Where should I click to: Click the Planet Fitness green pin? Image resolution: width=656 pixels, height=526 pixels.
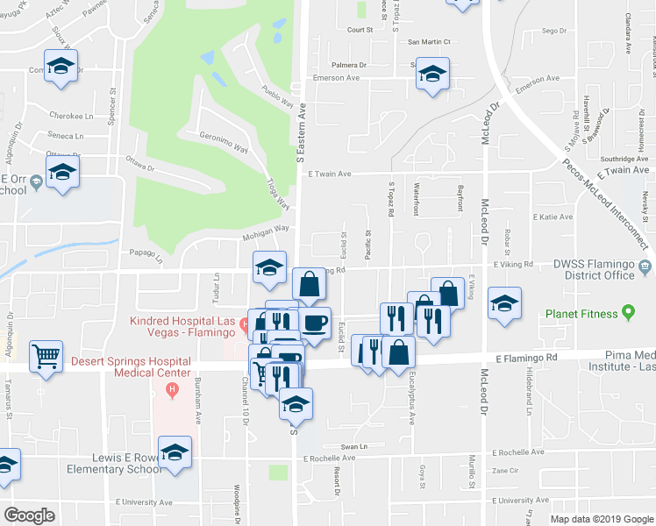[x=628, y=312]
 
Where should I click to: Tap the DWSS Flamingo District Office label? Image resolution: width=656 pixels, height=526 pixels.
[x=581, y=269]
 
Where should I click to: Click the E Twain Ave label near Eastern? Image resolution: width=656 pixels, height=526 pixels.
[x=330, y=174]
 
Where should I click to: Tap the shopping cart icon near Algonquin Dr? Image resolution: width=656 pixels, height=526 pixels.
[x=46, y=356]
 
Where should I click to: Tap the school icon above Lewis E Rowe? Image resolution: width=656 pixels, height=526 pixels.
[x=175, y=452]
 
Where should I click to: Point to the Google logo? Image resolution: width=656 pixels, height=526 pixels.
[x=29, y=515]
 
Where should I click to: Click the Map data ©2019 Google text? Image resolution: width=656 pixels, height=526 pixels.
[x=601, y=519]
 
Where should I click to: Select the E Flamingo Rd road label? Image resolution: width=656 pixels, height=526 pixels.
[x=526, y=358]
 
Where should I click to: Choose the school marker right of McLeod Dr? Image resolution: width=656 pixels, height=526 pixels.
[x=504, y=303]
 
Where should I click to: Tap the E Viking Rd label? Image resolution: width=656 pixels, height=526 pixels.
[x=513, y=263]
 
